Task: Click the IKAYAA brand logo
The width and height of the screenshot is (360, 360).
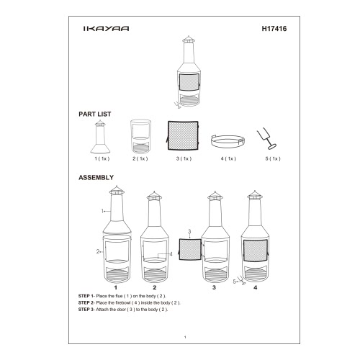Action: (106, 29)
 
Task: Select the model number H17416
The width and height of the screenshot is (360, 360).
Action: (274, 29)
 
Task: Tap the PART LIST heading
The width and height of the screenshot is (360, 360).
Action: (95, 114)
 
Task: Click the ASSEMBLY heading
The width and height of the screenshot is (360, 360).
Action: (96, 177)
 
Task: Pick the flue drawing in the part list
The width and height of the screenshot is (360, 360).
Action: (100, 137)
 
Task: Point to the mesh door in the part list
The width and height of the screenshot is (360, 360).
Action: (183, 135)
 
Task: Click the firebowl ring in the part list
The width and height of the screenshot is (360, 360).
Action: (228, 141)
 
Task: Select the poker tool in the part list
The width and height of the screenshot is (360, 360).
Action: (266, 139)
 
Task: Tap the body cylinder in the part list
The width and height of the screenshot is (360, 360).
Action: (140, 136)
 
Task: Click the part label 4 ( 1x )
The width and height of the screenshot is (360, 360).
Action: (228, 158)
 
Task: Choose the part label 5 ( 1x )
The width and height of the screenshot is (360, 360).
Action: (273, 158)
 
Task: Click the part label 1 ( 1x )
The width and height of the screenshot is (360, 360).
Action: (102, 158)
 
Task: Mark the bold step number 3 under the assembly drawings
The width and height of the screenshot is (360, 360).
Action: (214, 287)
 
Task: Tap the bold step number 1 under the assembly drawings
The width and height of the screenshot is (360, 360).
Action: (116, 287)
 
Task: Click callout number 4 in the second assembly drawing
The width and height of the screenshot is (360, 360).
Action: (171, 254)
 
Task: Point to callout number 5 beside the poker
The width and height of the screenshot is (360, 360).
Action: (235, 282)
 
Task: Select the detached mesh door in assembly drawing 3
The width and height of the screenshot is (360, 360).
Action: (190, 249)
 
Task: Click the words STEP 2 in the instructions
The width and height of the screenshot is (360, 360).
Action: (84, 302)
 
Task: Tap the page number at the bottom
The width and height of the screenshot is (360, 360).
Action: (185, 337)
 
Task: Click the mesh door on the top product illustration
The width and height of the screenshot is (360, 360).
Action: (189, 82)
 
